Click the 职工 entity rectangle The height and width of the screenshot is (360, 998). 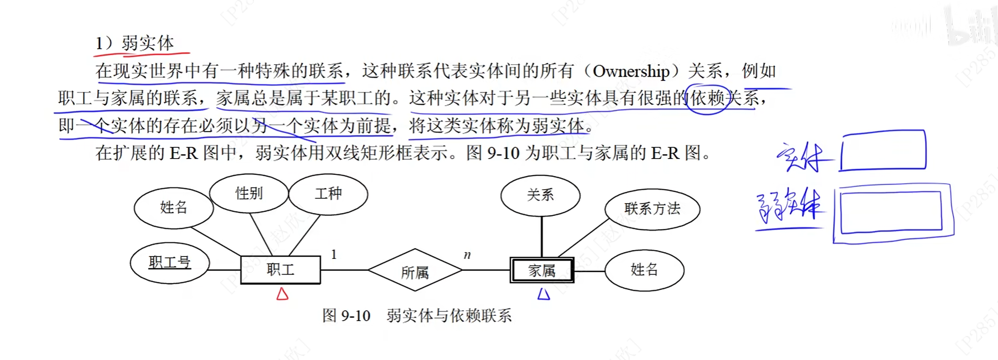[x=280, y=270]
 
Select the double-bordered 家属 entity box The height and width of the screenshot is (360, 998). [x=542, y=270]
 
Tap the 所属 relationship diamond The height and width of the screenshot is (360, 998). [x=415, y=270]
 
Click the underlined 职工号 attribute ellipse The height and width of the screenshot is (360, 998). [x=170, y=262]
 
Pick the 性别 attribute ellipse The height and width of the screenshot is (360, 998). [x=249, y=193]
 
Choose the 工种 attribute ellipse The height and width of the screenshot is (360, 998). [x=328, y=194]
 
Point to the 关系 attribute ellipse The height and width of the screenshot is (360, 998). [x=540, y=195]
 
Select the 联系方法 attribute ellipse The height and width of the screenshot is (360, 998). [x=652, y=209]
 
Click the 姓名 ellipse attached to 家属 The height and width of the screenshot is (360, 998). [x=644, y=270]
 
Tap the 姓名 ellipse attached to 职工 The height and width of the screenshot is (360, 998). [x=173, y=207]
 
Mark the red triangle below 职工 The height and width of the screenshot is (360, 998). [x=282, y=294]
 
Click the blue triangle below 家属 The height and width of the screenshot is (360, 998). [x=544, y=295]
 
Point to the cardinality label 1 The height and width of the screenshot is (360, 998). [x=334, y=254]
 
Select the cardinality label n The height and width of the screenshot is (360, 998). [x=467, y=255]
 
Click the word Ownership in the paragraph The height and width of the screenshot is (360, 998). [x=631, y=71]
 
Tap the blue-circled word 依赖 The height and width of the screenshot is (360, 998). [x=707, y=98]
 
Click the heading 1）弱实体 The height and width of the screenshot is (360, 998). [x=135, y=43]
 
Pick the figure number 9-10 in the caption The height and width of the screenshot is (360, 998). [x=355, y=315]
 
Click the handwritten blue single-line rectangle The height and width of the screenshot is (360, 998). [x=883, y=150]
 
